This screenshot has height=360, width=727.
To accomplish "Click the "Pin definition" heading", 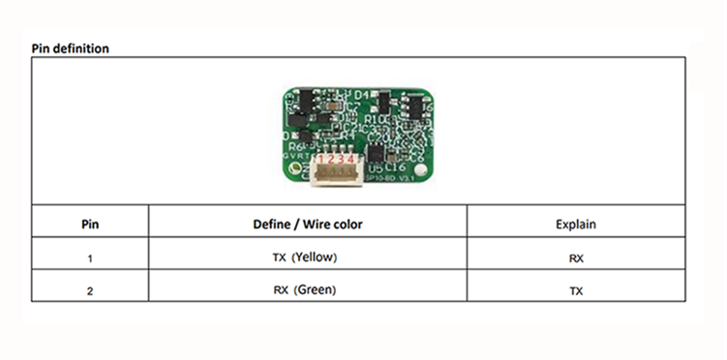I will tap(70, 47).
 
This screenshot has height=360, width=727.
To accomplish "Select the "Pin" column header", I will tap(89, 224).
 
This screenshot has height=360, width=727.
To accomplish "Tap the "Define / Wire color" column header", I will tap(307, 224).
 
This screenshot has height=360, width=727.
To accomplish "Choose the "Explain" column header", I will tap(576, 224).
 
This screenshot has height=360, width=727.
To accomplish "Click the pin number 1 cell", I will tap(89, 258).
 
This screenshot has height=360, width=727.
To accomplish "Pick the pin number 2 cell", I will tap(89, 290).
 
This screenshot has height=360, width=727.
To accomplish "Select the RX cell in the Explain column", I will tap(576, 258).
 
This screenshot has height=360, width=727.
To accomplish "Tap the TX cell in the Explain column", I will tap(576, 290).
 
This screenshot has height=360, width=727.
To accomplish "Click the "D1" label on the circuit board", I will tap(363, 94).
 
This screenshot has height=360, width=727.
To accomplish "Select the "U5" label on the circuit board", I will tap(375, 167).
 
